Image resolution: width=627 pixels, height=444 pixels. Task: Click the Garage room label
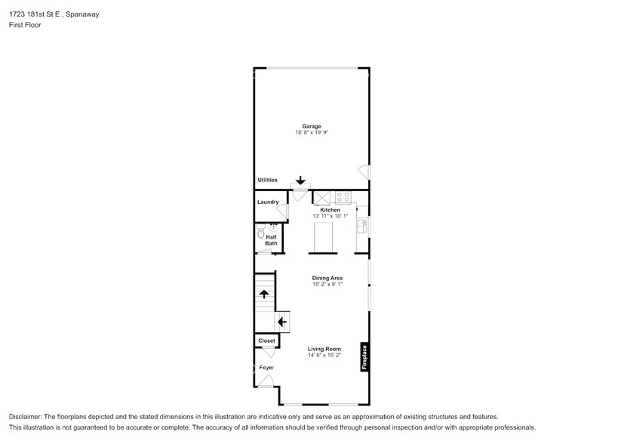[312, 126]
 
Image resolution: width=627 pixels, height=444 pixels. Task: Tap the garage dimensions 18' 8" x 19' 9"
[312, 133]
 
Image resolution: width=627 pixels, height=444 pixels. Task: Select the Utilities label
[267, 180]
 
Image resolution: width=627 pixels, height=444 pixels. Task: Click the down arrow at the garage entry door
[300, 180]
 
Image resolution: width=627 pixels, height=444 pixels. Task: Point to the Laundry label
[268, 202]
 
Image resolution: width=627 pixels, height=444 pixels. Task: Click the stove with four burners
[343, 198]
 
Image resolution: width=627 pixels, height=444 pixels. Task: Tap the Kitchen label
[330, 210]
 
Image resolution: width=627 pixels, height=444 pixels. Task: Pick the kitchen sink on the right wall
[361, 224]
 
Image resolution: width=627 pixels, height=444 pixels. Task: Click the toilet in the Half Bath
[261, 233]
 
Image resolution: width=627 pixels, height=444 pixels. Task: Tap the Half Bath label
[271, 240]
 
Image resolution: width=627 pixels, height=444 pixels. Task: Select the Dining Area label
[327, 278]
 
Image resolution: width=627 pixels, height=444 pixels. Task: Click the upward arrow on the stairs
[263, 294]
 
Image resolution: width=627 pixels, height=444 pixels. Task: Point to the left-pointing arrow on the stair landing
[282, 322]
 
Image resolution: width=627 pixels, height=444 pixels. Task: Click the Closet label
[266, 341]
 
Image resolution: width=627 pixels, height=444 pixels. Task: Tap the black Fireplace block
[364, 356]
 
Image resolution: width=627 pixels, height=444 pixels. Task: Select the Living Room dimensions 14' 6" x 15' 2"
[324, 355]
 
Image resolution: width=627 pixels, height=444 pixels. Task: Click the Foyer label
[266, 368]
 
